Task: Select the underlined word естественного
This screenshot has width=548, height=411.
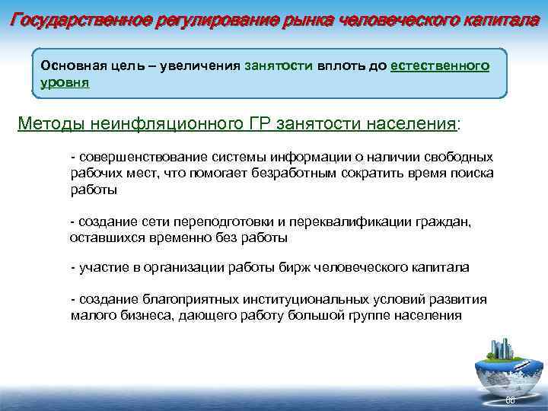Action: pyautogui.click(x=439, y=65)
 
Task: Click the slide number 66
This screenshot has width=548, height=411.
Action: pyautogui.click(x=511, y=400)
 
